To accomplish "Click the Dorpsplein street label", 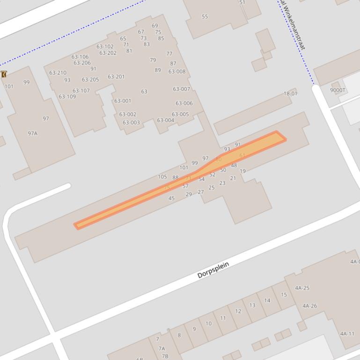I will (213, 270).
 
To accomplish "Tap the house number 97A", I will (32, 133).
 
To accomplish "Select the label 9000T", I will (338, 90).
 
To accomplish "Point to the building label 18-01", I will (290, 94).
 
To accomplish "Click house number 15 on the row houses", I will (284, 295).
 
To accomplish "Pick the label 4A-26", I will (309, 306).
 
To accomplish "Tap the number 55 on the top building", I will (205, 17).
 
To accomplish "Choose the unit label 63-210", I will (58, 73).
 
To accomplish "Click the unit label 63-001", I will (123, 101).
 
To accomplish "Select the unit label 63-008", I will (177, 72).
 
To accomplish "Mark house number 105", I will (162, 177).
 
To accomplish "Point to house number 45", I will (171, 198).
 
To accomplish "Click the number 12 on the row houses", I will (238, 311).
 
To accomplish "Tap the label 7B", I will (165, 356).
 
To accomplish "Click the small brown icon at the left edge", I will (4, 74).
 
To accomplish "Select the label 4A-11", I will (347, 334).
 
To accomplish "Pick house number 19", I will (242, 171).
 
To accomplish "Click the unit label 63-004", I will (165, 120).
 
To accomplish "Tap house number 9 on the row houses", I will (194, 329).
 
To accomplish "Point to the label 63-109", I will (67, 97).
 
